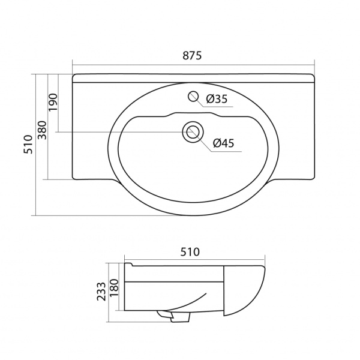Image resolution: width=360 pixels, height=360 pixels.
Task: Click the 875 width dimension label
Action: point(192,56)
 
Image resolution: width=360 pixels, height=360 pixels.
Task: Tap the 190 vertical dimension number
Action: point(53,102)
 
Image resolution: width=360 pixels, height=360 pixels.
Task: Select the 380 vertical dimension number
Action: point(42,130)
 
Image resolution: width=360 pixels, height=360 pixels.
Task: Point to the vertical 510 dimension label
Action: point(28,145)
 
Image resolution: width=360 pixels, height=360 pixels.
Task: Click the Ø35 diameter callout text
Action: point(217,99)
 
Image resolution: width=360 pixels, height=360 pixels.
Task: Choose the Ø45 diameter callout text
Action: point(224,143)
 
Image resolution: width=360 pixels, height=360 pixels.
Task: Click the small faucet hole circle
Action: point(193,96)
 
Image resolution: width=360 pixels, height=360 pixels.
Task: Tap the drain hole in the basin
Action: point(193,132)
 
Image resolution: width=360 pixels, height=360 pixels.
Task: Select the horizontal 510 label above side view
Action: point(190,252)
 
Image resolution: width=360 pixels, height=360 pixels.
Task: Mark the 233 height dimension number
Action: point(101,292)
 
